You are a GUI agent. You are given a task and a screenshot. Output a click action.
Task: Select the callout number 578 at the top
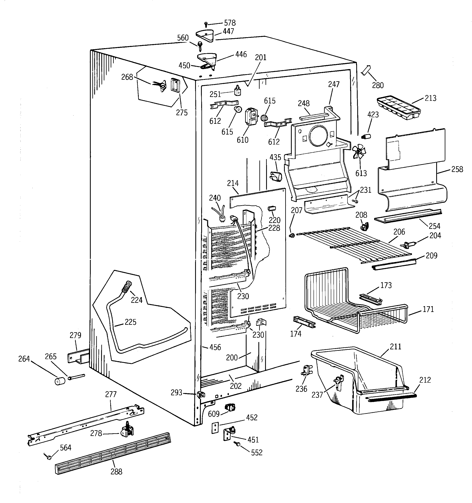230,23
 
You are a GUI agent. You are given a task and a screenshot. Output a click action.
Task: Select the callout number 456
215,347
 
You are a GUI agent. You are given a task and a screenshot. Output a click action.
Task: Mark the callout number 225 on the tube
130,322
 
